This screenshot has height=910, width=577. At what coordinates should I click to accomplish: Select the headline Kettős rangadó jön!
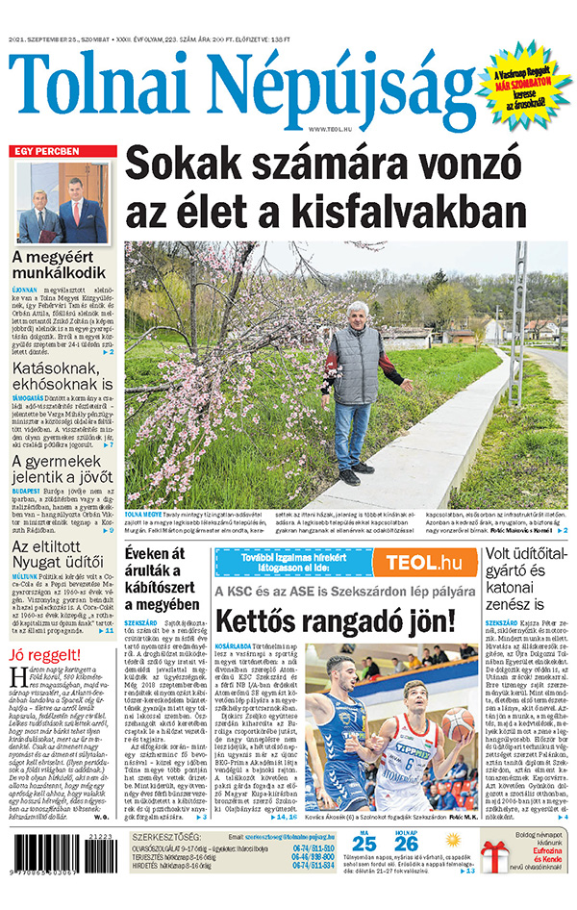335,619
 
